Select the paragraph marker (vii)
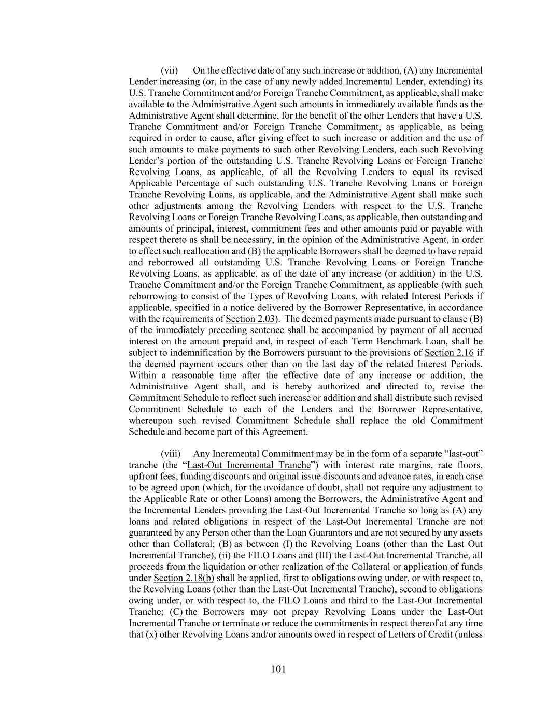click(169, 70)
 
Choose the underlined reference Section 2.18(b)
click(184, 578)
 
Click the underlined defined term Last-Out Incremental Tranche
click(248, 465)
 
